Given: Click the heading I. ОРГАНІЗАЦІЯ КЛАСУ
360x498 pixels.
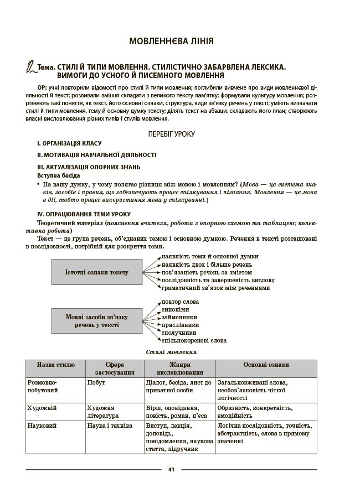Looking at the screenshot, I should (69, 144).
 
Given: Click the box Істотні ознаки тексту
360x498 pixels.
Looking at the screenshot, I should (96, 272).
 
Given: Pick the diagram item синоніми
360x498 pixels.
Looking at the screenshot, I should (175, 309).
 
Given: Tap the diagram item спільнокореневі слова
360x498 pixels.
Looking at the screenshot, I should (193, 341).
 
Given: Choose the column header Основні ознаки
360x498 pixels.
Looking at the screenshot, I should (266, 365).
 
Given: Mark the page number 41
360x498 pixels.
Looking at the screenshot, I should (171, 470).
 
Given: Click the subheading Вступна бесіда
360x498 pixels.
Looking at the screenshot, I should (58, 175).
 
